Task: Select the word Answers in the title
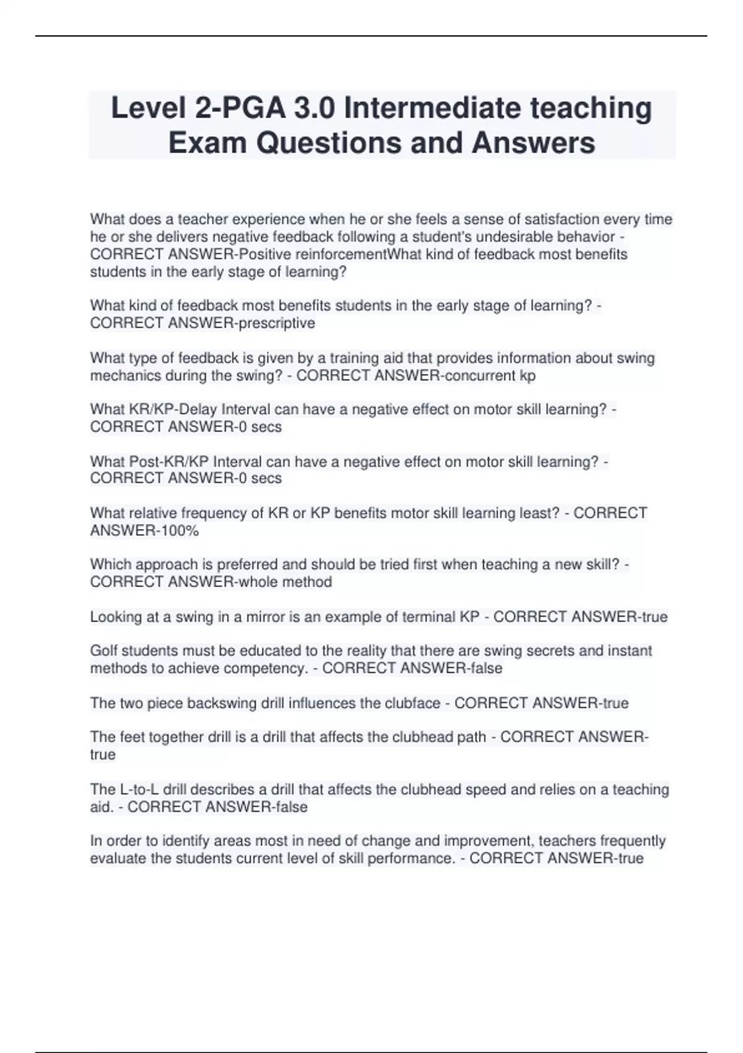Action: point(533,143)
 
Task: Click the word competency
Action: point(266,668)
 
